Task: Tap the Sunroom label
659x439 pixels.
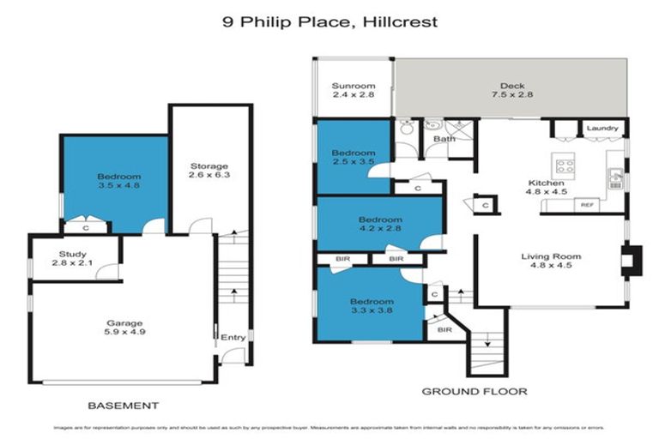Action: (x=354, y=90)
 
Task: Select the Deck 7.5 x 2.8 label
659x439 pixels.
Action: (x=511, y=90)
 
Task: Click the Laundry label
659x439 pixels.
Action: (x=602, y=129)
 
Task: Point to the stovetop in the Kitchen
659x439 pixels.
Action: (x=565, y=166)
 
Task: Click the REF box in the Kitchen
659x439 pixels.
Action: (x=588, y=205)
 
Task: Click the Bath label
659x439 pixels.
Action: (x=444, y=138)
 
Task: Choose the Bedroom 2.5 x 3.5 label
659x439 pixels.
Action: (x=353, y=158)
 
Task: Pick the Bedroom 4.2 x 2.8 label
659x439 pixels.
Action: (x=380, y=225)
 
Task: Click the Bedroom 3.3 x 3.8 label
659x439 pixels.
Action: (x=372, y=307)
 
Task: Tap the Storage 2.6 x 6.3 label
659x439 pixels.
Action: (x=209, y=171)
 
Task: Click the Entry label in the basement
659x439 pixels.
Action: (x=233, y=338)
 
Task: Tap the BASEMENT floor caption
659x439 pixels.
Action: (x=124, y=405)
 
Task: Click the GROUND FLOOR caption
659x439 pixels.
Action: (x=474, y=392)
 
